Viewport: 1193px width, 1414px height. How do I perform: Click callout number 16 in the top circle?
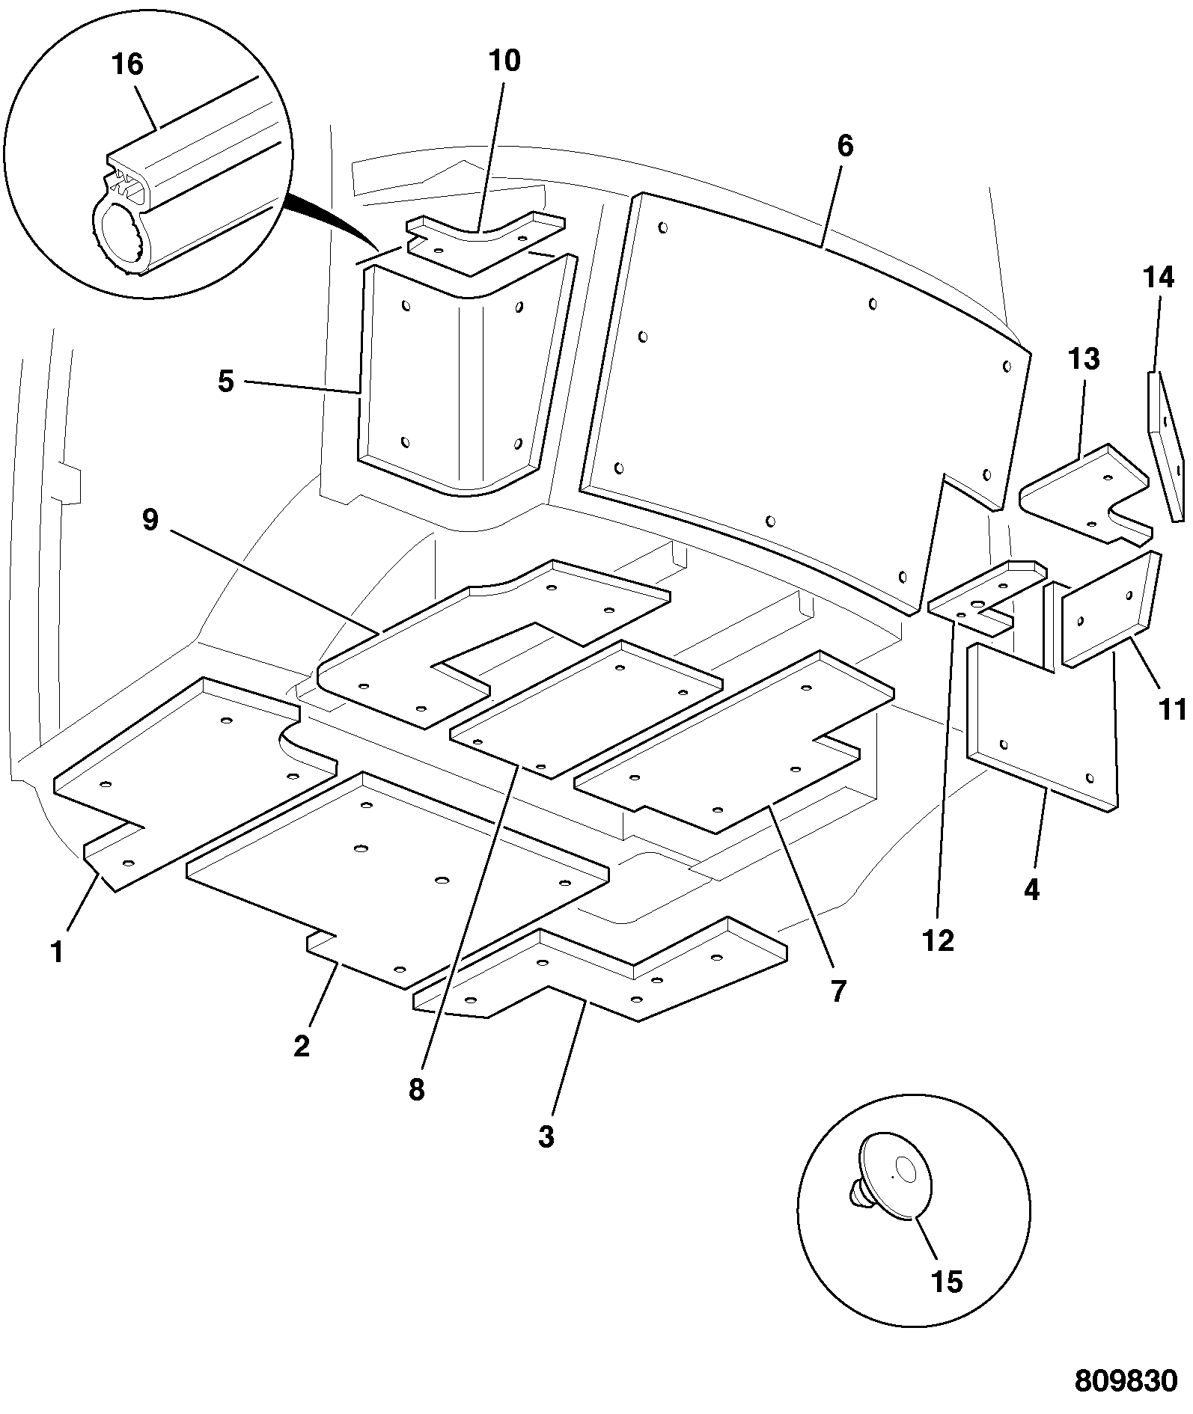tap(127, 64)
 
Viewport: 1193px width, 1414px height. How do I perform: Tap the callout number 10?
tap(504, 61)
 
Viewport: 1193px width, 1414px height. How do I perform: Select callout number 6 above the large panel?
tap(845, 146)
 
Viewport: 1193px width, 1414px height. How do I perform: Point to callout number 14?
tap(1159, 278)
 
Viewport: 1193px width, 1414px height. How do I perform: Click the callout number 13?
tap(1084, 359)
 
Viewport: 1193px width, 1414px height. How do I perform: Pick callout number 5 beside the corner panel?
tap(226, 382)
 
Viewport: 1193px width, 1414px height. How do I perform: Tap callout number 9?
tap(150, 520)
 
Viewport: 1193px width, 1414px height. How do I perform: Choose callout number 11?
tap(1173, 708)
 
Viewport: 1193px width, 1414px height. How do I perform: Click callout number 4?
tap(1031, 890)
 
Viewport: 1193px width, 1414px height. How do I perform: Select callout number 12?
tap(939, 940)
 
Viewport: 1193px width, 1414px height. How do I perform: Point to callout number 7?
tap(837, 991)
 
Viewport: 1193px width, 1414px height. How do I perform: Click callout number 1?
tap(57, 952)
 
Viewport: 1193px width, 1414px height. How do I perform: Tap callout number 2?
tap(301, 1046)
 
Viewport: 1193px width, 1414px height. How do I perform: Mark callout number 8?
tap(416, 1090)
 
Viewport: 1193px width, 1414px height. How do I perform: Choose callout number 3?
tap(546, 1136)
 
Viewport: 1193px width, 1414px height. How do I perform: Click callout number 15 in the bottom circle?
tap(946, 1282)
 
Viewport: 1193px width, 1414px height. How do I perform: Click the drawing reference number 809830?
tap(1126, 1381)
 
